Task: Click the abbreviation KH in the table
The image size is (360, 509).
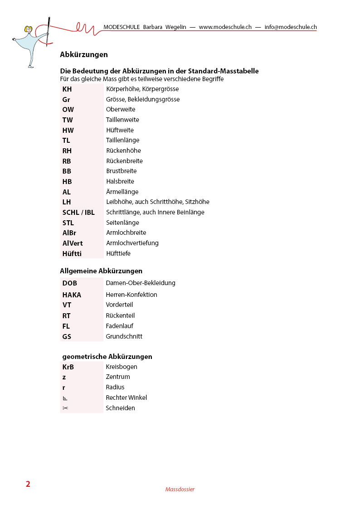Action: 67,89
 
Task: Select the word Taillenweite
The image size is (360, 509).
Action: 122,120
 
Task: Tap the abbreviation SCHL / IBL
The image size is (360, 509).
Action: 78,212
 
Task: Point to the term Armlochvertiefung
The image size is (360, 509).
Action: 132,243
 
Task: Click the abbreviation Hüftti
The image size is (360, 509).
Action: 72,253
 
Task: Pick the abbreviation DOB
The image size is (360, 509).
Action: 70,283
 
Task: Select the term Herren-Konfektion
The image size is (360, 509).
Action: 131,295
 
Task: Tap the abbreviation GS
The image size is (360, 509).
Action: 67,337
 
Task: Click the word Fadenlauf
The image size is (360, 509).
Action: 119,326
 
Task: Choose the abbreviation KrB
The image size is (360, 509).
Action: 68,367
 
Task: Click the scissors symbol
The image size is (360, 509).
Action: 65,408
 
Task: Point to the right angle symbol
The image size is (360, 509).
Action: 65,398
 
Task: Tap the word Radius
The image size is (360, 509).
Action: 115,387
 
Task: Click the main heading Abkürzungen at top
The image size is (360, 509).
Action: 84,54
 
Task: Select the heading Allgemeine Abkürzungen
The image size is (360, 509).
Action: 101,271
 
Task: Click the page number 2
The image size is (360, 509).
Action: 28,484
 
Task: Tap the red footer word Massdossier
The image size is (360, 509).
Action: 180,490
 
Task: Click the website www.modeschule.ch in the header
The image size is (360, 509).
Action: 225,27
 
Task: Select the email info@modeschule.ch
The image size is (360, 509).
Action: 291,27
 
